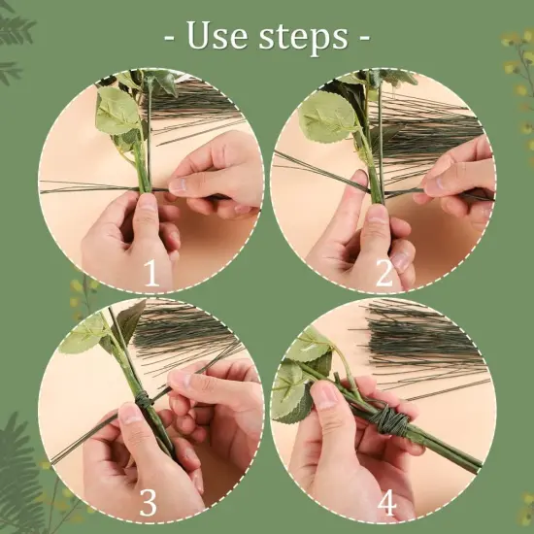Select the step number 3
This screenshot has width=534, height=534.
[x=149, y=502]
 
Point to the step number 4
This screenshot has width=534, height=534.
[x=386, y=503]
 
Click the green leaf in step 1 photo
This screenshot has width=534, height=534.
[x=117, y=111]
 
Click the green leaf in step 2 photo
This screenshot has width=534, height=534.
[x=328, y=116]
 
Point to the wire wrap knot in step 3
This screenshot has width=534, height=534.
[x=145, y=401]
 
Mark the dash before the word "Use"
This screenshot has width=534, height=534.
[x=169, y=37]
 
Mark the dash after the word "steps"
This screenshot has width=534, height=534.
[x=364, y=37]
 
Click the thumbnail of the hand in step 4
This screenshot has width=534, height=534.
[x=325, y=395]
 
